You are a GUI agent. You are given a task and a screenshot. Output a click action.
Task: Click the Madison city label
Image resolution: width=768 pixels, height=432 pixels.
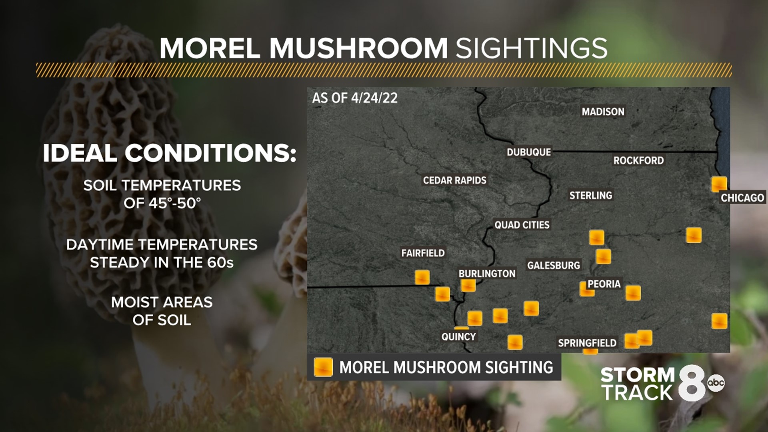603,112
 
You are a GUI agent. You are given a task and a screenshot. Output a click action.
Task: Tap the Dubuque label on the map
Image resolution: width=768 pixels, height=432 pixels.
529,152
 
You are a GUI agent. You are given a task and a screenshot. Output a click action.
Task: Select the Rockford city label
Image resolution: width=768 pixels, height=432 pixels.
638,160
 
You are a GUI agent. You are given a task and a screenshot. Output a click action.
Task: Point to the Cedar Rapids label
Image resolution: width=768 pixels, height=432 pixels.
454,180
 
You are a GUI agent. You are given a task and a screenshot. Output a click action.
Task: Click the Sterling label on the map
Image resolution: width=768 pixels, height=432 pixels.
590,195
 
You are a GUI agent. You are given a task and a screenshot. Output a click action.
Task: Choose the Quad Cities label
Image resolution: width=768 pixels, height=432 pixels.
522,225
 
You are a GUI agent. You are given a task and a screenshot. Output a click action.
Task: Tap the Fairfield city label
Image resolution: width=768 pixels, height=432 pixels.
423,253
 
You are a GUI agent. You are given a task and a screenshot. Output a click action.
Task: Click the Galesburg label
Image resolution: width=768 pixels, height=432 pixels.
553,265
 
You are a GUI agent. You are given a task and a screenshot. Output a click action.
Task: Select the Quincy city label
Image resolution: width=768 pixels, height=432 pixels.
458,337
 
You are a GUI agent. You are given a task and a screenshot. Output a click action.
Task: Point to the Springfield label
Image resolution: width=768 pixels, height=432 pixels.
587,343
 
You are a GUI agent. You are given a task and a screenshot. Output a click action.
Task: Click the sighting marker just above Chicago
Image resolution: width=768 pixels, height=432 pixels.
719,184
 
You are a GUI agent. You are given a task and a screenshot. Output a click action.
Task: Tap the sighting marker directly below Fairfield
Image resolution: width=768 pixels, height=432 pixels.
422,277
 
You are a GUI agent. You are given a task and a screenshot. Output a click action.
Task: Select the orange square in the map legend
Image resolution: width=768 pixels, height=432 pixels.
323,367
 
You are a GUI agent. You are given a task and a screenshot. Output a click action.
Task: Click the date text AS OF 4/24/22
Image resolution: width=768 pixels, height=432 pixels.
355,98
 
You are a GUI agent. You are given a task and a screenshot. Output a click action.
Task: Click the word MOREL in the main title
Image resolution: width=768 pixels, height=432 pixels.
210,48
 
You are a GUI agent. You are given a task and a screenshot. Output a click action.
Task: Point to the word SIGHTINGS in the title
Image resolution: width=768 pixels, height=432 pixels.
532,48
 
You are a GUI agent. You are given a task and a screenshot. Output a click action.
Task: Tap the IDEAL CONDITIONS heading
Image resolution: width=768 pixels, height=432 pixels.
170,153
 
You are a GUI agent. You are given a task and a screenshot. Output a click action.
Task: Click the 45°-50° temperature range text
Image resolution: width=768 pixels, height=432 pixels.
162,203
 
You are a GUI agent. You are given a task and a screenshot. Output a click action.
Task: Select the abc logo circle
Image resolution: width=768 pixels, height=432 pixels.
716,383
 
